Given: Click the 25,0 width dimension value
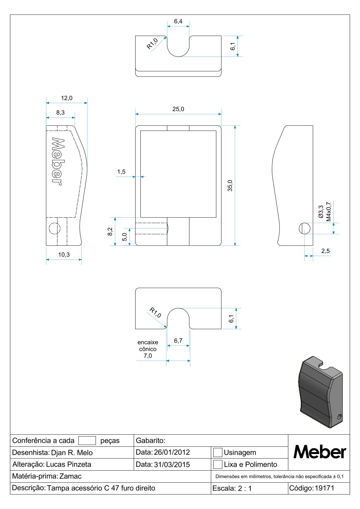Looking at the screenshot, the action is click(x=178, y=109).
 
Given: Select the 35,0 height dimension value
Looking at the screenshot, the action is click(x=230, y=185).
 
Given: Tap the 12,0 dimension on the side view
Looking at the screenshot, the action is click(x=67, y=98).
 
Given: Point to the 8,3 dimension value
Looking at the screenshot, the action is click(x=61, y=112).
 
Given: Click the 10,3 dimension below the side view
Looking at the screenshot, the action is click(x=64, y=254).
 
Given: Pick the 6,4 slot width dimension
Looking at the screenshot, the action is click(x=178, y=21).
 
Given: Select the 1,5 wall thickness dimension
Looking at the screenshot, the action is click(x=121, y=172).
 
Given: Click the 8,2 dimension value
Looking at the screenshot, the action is click(x=110, y=232).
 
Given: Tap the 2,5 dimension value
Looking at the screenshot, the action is click(x=326, y=251).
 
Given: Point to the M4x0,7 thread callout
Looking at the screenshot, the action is click(x=329, y=212).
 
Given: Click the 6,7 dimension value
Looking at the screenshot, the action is click(x=178, y=341).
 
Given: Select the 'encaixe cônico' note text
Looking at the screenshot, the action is click(x=148, y=345).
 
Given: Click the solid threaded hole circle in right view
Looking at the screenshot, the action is click(x=305, y=229).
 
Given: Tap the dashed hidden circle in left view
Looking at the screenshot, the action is click(x=55, y=229).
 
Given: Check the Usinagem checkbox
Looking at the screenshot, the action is click(x=218, y=452).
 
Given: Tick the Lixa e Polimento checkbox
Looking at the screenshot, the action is click(x=218, y=464).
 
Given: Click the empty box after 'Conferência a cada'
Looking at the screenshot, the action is click(x=87, y=441).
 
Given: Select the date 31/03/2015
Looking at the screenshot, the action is click(x=172, y=465).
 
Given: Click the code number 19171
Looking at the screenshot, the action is click(x=324, y=488).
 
